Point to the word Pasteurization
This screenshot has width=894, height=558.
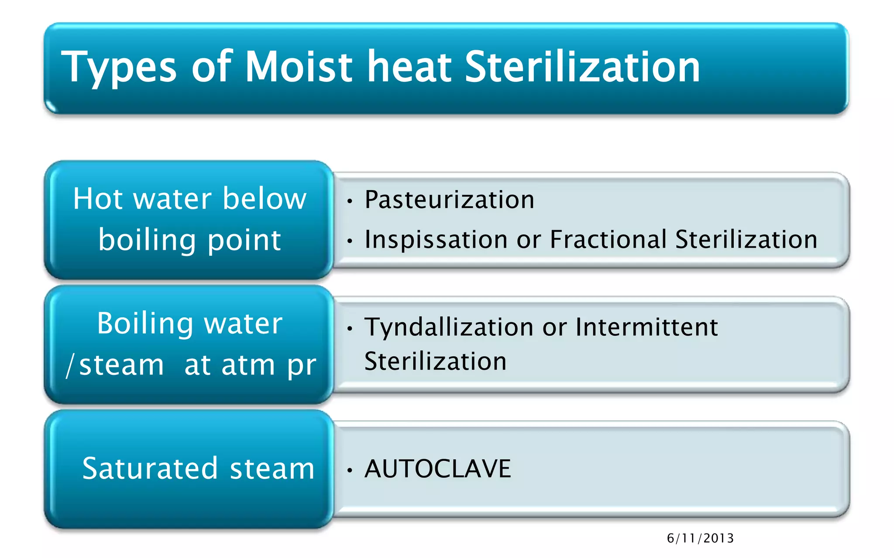click(449, 200)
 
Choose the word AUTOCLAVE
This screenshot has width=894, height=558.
click(437, 469)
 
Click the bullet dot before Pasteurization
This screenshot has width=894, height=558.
click(349, 201)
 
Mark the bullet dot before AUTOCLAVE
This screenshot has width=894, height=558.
click(349, 470)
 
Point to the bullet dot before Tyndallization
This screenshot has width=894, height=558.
click(349, 329)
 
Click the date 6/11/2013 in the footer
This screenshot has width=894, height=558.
click(700, 538)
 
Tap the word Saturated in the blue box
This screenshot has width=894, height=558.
click(150, 469)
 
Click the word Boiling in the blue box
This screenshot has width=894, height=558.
click(145, 324)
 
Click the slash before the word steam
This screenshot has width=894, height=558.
click(70, 365)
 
